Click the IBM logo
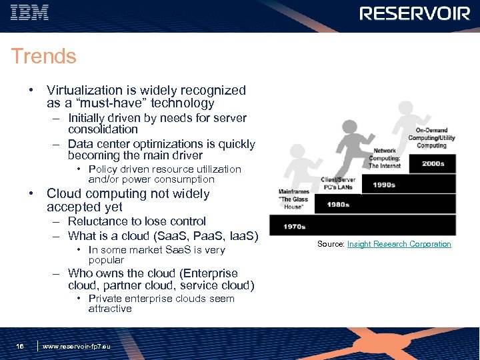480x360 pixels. coord(30,13)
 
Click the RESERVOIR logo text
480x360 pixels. coord(415,13)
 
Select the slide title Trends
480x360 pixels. coord(44,57)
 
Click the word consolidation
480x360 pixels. coord(103,129)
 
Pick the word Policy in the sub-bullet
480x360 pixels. coord(103,169)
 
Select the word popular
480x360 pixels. coord(106,260)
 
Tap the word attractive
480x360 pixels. coord(110,309)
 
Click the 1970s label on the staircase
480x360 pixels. coord(295,227)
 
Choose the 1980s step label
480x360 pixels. coord(338,205)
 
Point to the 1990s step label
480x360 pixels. coord(385,185)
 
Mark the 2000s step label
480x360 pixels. coord(433,164)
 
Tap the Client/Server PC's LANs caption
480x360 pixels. coord(338,183)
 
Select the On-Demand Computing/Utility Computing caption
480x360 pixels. coord(431,137)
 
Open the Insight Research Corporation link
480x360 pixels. coord(399,244)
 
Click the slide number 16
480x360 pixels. coord(20,346)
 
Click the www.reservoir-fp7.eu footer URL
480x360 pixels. coord(77,346)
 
